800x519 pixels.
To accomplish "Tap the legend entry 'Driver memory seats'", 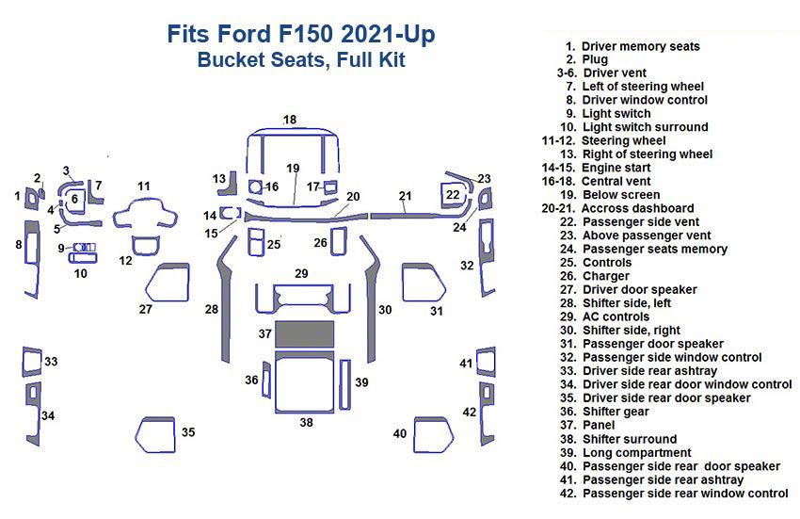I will (x=640, y=45).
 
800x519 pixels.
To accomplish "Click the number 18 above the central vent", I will (x=290, y=120).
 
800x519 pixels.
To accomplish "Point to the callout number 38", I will (x=306, y=422).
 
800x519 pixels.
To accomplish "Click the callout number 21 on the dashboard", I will (x=405, y=196).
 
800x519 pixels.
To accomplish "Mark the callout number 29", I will (x=301, y=273).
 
